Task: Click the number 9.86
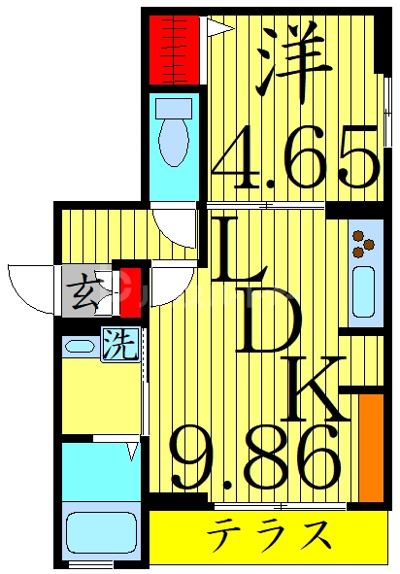coord(256,458)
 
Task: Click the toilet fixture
coord(175,132)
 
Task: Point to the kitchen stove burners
coord(364,243)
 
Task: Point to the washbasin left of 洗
coord(76,344)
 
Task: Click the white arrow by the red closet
coord(217,29)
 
